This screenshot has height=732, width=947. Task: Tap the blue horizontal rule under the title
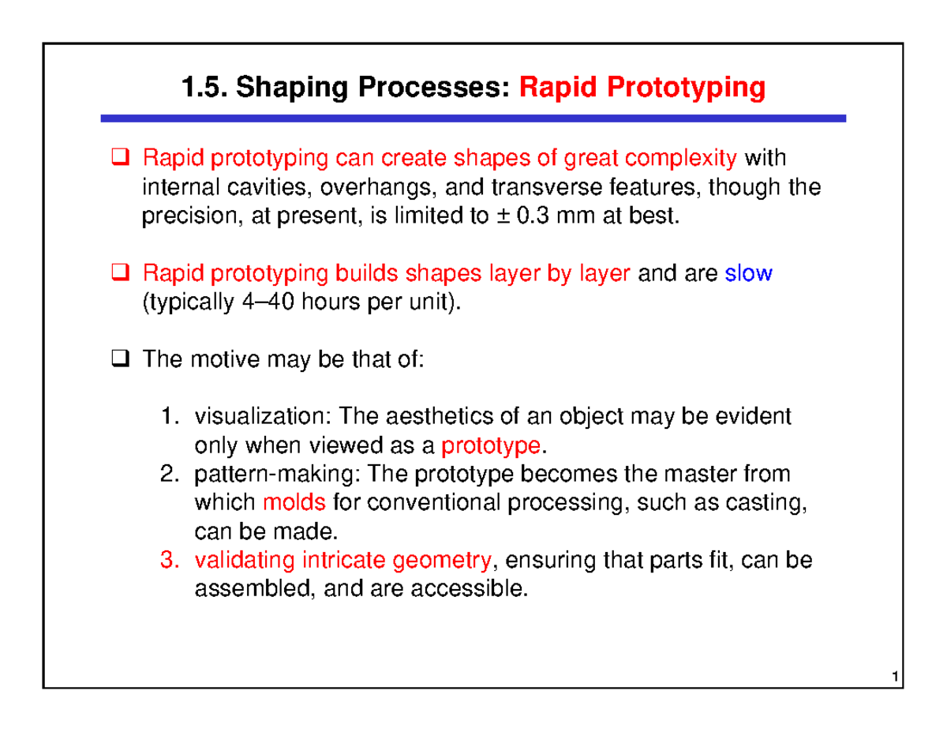473,118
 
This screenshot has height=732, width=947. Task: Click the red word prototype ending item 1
491,447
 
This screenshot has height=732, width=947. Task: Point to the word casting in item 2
776,504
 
